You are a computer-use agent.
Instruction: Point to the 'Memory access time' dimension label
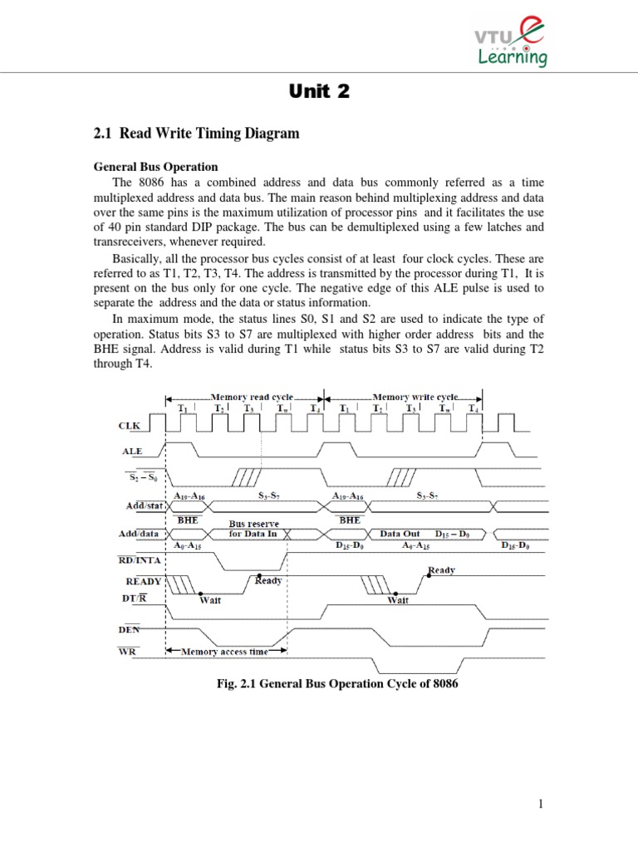click(x=225, y=652)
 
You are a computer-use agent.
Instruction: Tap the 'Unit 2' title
click(x=319, y=93)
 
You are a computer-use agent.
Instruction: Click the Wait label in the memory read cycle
click(x=209, y=600)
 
